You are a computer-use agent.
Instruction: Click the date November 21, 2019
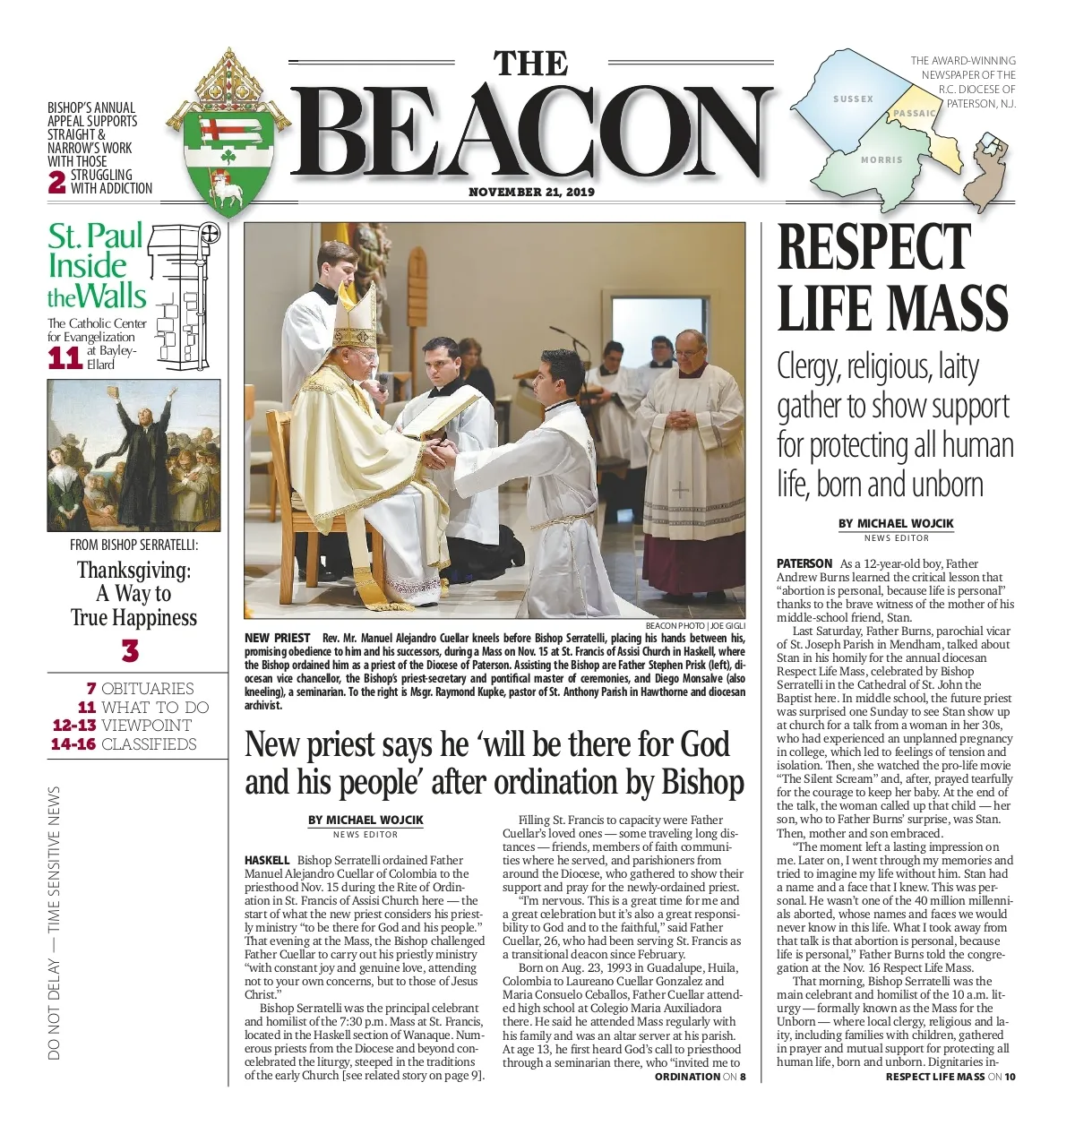(x=531, y=192)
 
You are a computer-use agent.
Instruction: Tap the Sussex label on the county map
(x=852, y=99)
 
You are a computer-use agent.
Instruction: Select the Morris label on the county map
(x=881, y=159)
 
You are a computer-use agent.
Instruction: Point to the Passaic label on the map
(x=915, y=114)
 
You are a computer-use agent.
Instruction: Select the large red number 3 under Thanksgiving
(x=131, y=651)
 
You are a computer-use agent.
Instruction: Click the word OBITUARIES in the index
(x=147, y=689)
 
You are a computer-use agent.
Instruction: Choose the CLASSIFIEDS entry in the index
(x=149, y=744)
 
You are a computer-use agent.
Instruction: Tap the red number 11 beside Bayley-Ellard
(x=64, y=358)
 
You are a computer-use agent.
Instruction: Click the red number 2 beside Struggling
(x=56, y=182)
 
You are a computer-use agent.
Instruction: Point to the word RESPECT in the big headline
(x=873, y=247)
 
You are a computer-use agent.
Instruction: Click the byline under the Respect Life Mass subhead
(x=896, y=524)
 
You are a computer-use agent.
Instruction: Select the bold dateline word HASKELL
(x=267, y=860)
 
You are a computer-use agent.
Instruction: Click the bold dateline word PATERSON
(x=804, y=563)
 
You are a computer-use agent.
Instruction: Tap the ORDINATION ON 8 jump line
(x=700, y=1076)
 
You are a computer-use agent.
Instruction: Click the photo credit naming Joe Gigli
(x=695, y=625)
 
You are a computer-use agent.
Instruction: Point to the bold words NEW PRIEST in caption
(x=277, y=638)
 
